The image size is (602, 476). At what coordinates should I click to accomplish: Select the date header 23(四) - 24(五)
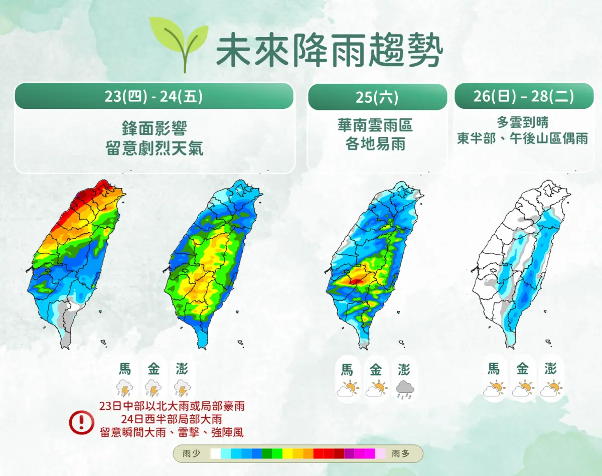[x=154, y=96]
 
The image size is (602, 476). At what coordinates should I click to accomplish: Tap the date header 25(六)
[x=377, y=97]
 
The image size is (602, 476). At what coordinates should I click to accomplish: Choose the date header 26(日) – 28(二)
[x=524, y=96]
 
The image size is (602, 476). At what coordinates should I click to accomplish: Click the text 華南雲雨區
[x=375, y=125]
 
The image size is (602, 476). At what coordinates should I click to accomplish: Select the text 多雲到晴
[x=523, y=122]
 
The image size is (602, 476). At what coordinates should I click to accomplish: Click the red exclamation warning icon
[x=81, y=422]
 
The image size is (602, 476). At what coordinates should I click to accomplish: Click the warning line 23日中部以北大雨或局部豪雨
[x=172, y=405]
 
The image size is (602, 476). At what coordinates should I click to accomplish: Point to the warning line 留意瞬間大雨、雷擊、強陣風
[x=172, y=432]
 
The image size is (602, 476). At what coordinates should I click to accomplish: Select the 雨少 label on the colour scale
[x=191, y=454]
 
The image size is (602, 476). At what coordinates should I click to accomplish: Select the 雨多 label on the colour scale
[x=400, y=454]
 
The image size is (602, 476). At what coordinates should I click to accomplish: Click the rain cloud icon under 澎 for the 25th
[x=404, y=389]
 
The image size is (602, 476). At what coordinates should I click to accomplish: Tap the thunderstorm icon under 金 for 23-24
[x=153, y=388]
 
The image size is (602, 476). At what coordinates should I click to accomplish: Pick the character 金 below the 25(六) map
[x=376, y=370]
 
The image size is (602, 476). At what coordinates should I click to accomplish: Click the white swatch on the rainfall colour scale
[x=215, y=454]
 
